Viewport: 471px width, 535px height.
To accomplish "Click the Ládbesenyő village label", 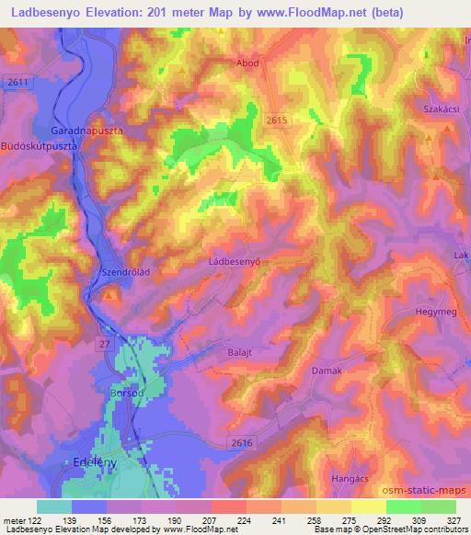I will tap(236, 262).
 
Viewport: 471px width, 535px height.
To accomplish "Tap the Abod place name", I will tap(248, 63).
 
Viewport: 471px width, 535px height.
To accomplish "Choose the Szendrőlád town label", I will tap(126, 274).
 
